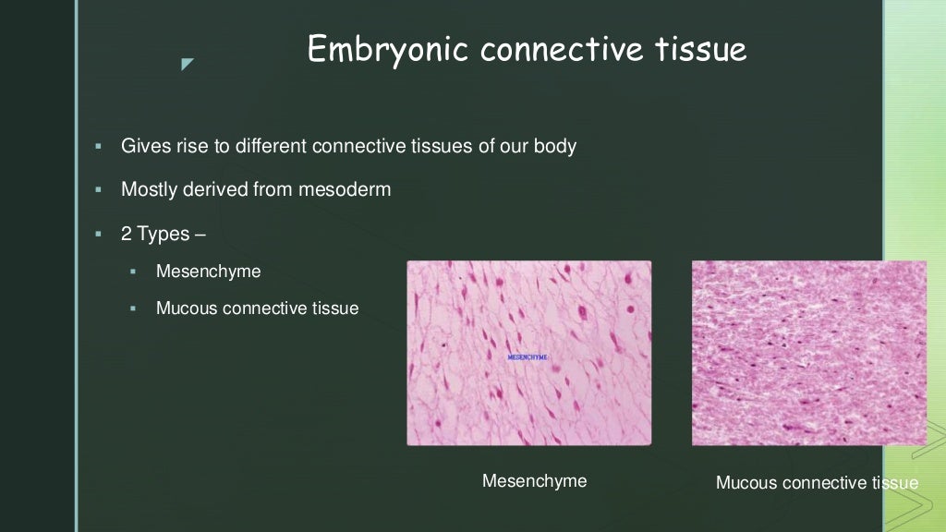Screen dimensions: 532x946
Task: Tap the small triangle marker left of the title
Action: coord(188,64)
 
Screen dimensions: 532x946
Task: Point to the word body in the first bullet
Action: coord(554,146)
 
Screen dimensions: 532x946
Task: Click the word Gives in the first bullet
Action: coord(144,146)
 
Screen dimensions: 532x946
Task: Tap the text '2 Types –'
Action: coord(163,234)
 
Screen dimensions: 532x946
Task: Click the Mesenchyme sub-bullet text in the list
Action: coord(208,272)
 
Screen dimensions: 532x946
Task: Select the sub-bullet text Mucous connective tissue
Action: coord(257,308)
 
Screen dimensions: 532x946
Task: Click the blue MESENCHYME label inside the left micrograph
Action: coord(528,357)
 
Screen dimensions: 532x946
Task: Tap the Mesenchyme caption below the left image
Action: coord(534,481)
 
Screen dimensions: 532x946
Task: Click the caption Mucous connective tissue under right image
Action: coord(817,483)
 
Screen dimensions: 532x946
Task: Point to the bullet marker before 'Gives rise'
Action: coord(97,147)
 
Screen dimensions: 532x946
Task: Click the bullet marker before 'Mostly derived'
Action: coord(97,190)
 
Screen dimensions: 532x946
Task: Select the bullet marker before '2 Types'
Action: coord(97,235)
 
